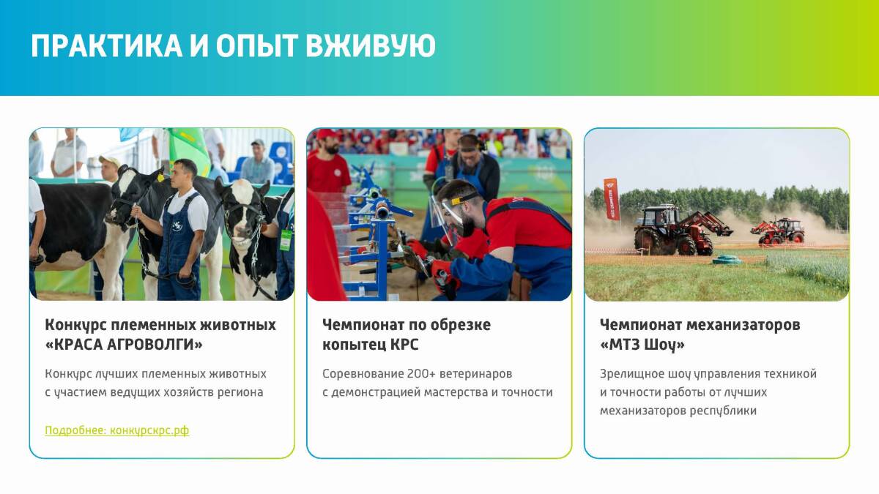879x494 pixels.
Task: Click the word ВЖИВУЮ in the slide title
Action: pos(371,46)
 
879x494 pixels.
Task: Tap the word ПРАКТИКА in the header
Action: pos(107,46)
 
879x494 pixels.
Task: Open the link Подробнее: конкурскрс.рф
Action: pos(117,430)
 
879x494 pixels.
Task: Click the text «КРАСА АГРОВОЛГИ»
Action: pos(124,345)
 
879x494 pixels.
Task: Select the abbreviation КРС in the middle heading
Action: pos(404,345)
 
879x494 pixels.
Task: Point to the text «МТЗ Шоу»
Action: pos(642,345)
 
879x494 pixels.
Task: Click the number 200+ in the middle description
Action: pos(421,374)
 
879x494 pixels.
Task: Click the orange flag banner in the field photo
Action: pos(612,199)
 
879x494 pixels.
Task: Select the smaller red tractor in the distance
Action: pos(778,231)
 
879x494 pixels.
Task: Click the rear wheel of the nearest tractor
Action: pos(647,240)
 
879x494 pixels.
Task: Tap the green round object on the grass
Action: pos(727,260)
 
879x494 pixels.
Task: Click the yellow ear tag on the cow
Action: pos(160,177)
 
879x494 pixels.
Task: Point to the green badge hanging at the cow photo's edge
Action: pos(286,240)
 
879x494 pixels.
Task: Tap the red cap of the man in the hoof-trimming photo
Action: pos(327,135)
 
